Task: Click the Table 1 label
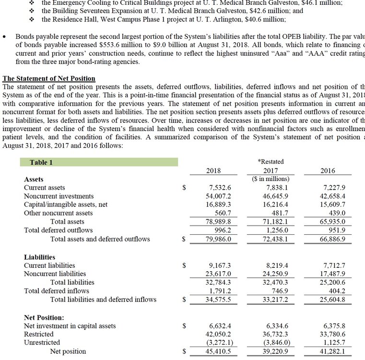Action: pos(41,162)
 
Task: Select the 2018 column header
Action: pos(213,170)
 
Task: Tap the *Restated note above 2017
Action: pos(271,162)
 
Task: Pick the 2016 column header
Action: pos(328,170)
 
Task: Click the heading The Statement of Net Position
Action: pos(49,78)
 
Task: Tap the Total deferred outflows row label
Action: pos(58,230)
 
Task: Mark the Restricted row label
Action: pos(39,334)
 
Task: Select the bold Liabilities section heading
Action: pos(39,257)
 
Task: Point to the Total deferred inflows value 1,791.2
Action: pos(220,291)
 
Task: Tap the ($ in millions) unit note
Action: pos(271,179)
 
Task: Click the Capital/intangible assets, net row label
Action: pos(66,204)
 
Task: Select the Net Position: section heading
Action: pos(44,317)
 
